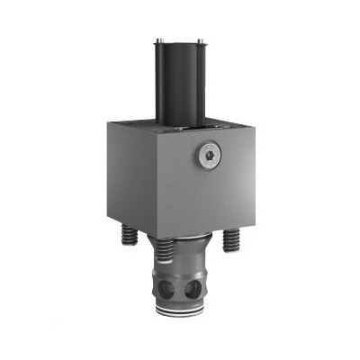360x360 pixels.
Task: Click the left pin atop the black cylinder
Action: (158, 41)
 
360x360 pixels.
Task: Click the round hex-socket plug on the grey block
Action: (208, 157)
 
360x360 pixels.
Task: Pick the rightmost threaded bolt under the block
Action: (231, 238)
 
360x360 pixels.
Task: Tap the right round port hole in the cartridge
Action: (193, 289)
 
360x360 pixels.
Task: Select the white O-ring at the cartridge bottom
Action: (180, 311)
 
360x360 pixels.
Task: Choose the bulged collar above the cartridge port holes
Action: (183, 267)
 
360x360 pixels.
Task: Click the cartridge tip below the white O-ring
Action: (180, 317)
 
